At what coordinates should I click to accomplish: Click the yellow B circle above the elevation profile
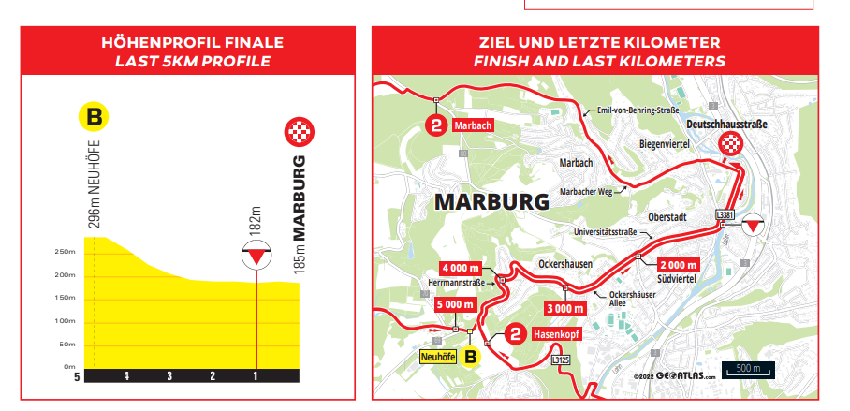[94, 118]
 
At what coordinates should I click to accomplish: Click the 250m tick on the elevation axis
[65, 252]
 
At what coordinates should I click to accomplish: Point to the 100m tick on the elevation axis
[65, 321]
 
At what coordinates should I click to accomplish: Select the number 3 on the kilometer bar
[169, 375]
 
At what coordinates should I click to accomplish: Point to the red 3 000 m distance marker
[565, 308]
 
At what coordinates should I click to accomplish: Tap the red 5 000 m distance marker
[456, 304]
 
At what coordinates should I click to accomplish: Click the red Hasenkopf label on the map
[557, 333]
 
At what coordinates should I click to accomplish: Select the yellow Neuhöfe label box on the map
[436, 356]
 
